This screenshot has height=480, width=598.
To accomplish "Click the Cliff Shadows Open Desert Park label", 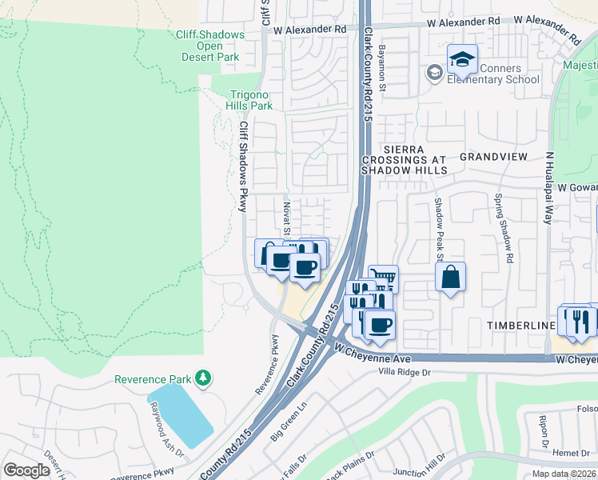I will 210,46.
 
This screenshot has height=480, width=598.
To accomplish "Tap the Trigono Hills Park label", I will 251,100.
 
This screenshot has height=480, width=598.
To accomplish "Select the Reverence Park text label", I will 154,378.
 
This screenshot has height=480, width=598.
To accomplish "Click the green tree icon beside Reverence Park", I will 204,377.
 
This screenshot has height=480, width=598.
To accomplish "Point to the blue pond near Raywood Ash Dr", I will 181,414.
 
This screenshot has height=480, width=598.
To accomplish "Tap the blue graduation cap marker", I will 461,59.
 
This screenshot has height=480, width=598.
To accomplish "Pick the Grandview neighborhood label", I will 494,157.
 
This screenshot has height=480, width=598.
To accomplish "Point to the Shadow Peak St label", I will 438,229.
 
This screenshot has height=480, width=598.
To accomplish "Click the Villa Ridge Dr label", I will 405,372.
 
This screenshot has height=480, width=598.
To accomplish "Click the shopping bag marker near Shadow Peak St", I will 451,278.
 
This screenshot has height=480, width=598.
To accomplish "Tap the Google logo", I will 27,470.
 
